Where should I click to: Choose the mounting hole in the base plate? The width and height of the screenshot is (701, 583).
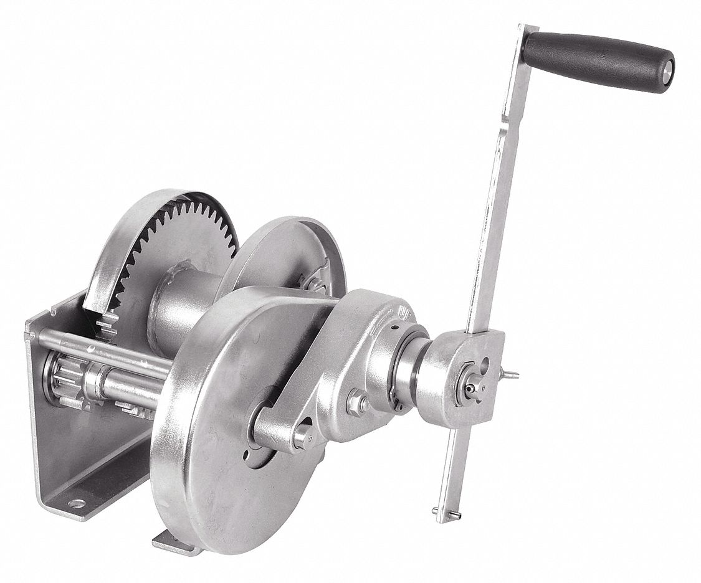76,503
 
